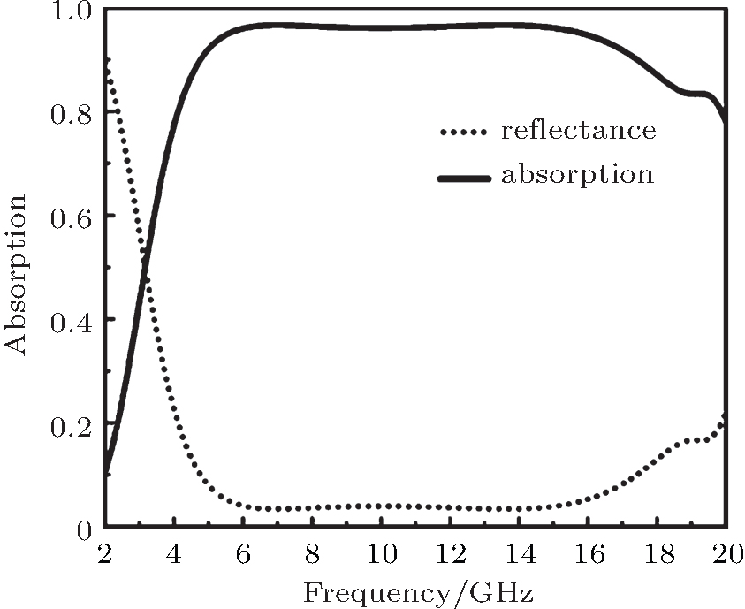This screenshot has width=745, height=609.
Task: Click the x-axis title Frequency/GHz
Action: point(417,590)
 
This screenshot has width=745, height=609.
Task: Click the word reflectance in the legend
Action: point(578,132)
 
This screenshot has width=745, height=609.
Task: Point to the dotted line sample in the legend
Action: point(464,133)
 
